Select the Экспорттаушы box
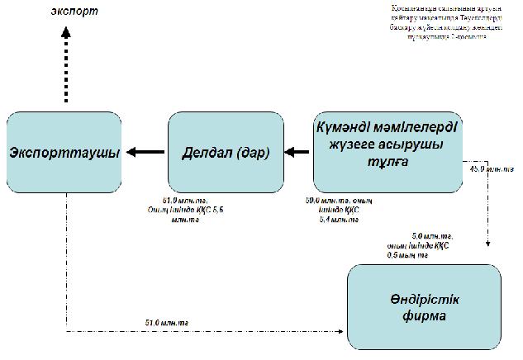[63, 153]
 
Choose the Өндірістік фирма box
[423, 307]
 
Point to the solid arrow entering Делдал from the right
[296, 152]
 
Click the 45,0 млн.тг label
[491, 169]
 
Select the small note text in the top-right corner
[440, 22]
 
